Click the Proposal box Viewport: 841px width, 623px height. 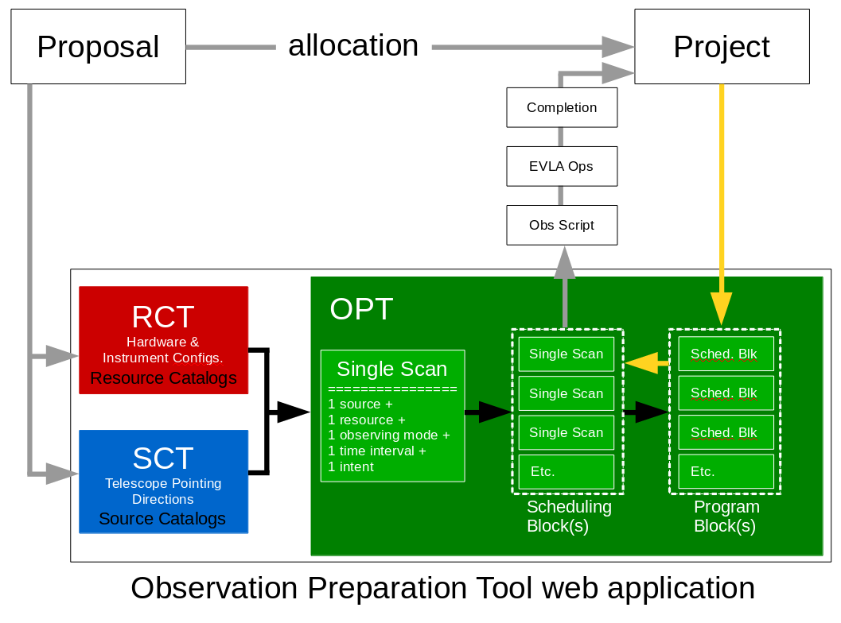click(x=98, y=47)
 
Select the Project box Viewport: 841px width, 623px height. click(x=721, y=47)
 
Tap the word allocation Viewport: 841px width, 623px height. click(x=352, y=45)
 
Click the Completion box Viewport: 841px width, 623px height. click(x=562, y=107)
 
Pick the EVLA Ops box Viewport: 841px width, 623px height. click(x=562, y=167)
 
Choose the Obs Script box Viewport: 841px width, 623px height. click(x=562, y=225)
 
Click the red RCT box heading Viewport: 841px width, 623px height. click(x=163, y=317)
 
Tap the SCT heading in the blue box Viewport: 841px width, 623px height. click(x=163, y=459)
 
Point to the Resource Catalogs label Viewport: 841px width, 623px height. click(x=163, y=378)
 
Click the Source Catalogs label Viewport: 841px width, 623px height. click(x=162, y=519)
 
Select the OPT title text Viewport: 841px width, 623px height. click(x=361, y=309)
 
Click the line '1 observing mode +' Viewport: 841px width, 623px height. click(x=389, y=435)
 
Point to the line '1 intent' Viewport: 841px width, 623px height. click(x=351, y=467)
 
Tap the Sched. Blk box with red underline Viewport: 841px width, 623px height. click(x=725, y=354)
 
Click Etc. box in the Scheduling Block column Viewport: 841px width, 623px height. click(x=566, y=471)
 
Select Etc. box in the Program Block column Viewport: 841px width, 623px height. click(x=725, y=471)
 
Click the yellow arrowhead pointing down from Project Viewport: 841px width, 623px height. click(x=721, y=308)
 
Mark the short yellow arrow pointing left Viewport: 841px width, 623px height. click(x=646, y=363)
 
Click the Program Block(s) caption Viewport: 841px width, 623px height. click(x=726, y=517)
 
